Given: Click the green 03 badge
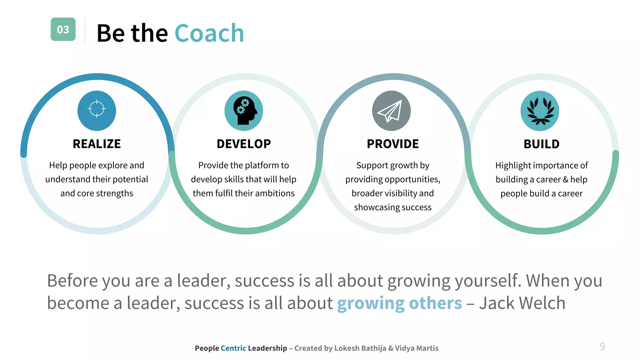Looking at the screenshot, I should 63,29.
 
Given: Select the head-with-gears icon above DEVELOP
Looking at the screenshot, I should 244,111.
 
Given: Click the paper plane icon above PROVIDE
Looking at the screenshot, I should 391,111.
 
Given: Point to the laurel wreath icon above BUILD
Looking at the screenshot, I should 540,111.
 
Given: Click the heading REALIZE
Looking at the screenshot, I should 97,144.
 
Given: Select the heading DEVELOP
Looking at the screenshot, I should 244,144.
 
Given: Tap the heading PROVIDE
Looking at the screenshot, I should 393,144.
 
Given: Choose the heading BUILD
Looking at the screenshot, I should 542,144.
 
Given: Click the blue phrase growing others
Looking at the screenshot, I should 399,303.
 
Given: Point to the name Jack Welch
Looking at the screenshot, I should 522,303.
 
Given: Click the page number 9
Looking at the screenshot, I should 602,347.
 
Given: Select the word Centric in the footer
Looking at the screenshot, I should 233,348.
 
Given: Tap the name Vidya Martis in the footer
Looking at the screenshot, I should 417,348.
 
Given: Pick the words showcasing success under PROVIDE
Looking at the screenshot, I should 393,207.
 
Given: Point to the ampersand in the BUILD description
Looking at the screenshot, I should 565,179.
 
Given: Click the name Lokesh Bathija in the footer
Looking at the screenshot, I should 360,348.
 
